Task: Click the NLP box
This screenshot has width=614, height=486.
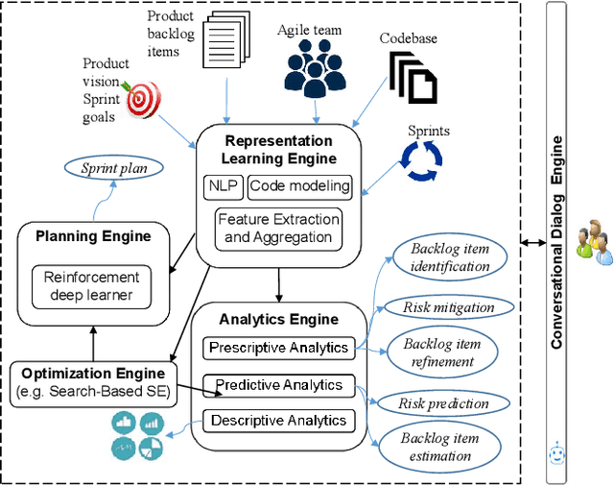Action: tap(223, 186)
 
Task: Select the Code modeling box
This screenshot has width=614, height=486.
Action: tap(298, 186)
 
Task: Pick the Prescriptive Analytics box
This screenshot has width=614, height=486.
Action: tap(277, 348)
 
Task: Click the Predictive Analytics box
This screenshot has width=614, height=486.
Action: tap(279, 385)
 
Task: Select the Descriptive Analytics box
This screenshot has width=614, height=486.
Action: tap(278, 420)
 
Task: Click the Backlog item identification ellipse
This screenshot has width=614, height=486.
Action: tap(450, 258)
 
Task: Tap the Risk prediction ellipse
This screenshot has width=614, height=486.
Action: tap(444, 403)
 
